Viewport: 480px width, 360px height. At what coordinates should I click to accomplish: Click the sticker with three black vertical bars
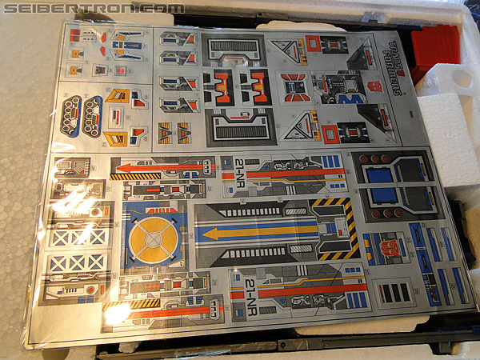tap(396, 292)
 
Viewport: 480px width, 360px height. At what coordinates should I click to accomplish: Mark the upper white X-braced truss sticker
tap(78, 235)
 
